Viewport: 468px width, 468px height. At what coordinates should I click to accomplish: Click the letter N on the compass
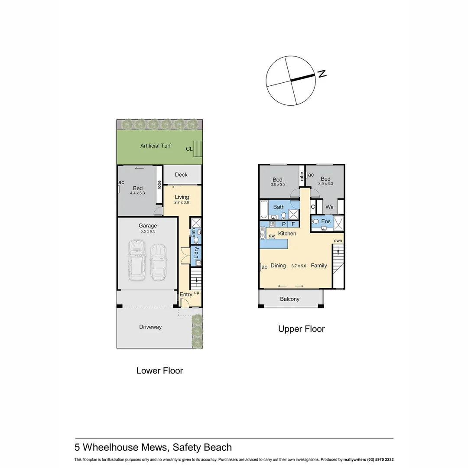point(322,74)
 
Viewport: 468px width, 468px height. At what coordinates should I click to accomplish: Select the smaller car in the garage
point(158,262)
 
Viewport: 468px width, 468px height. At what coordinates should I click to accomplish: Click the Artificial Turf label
point(155,146)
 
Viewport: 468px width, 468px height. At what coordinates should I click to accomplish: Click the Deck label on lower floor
point(181,175)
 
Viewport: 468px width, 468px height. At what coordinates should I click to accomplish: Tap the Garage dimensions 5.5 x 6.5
point(147,231)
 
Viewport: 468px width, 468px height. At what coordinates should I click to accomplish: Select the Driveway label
point(150,327)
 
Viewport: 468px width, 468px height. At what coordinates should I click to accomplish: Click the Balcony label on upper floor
point(289,299)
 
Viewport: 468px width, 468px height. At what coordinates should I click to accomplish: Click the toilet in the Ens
point(316,221)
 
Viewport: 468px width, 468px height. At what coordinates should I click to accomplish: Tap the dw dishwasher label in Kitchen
point(272,236)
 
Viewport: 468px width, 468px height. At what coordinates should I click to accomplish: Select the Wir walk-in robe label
point(330,207)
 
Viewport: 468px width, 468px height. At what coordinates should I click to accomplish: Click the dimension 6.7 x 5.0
point(299,266)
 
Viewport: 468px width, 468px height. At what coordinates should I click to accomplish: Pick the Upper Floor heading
point(301,329)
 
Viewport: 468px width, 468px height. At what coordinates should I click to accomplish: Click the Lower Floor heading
point(159,370)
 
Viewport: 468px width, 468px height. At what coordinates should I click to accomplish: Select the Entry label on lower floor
point(186,295)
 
